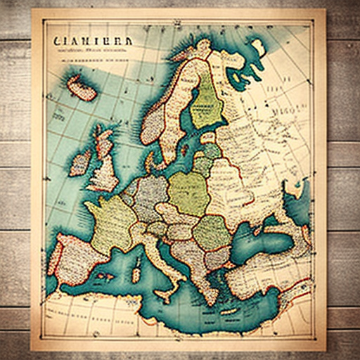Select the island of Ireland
(x=79, y=164)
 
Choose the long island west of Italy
(x=138, y=268)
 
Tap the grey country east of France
(x=148, y=197)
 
